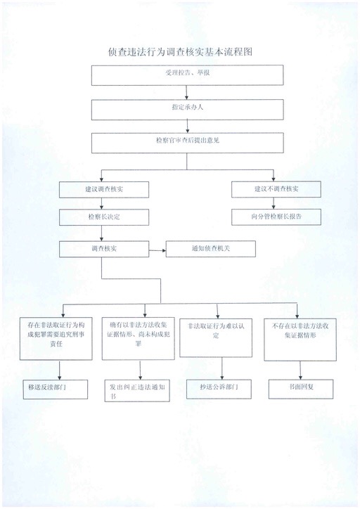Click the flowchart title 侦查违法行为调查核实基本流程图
pos(180,52)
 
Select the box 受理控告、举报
pos(187,75)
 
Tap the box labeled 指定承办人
pos(187,110)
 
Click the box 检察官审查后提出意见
pos(187,143)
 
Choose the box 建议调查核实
pos(104,190)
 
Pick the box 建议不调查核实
pos(276,189)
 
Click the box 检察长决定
pos(104,217)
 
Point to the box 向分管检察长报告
pos(276,217)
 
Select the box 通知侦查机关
pos(211,249)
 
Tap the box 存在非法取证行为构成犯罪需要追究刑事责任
pos(56,339)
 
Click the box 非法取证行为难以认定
pos(216,338)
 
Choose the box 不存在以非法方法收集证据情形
pos(300,340)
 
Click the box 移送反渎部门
pos(55,389)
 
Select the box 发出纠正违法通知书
pos(137,390)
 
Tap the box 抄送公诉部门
pos(219,389)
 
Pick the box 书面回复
pos(301,389)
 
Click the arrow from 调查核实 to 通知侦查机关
pos(157,250)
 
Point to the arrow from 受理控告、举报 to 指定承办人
pos(186,93)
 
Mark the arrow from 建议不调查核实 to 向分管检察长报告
pos(274,203)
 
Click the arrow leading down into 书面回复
pos(301,370)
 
